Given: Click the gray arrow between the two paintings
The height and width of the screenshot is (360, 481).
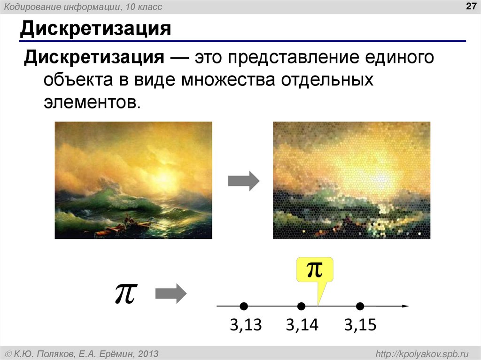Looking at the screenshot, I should coord(243,181).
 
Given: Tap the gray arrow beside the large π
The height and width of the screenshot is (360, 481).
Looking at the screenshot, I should coord(171,294).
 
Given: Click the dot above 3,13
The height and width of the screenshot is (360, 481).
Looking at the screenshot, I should coord(243,306).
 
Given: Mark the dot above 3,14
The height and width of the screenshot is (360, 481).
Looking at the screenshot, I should coord(302,306).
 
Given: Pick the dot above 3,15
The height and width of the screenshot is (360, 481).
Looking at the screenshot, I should coord(360,306).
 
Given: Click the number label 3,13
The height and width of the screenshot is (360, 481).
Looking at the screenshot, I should coord(245,325).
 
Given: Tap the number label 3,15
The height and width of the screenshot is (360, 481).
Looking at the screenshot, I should coord(360,325).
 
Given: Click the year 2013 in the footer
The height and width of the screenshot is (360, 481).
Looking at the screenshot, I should coord(147,353).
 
